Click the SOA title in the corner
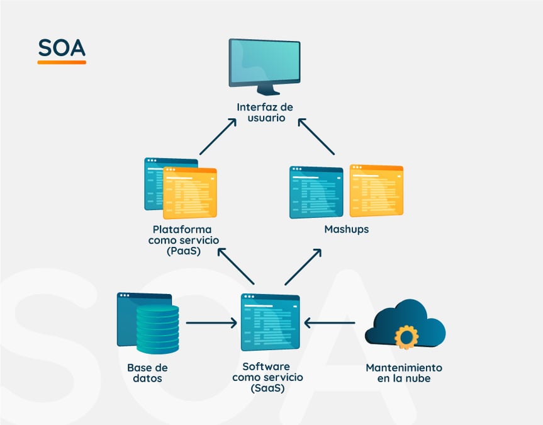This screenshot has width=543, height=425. (x=61, y=48)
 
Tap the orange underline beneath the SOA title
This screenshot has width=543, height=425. (x=61, y=62)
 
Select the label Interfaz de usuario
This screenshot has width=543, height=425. (x=265, y=112)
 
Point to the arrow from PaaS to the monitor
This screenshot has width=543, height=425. (x=218, y=136)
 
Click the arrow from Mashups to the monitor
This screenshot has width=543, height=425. (x=316, y=136)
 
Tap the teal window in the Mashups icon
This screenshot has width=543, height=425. (x=316, y=193)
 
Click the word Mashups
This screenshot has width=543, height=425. (x=346, y=229)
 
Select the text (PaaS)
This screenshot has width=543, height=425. (x=180, y=251)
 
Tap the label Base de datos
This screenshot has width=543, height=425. (x=148, y=373)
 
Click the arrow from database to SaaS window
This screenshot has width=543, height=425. (x=211, y=324)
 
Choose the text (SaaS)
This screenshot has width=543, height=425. (x=267, y=388)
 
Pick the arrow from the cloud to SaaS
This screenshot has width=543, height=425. (x=329, y=324)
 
